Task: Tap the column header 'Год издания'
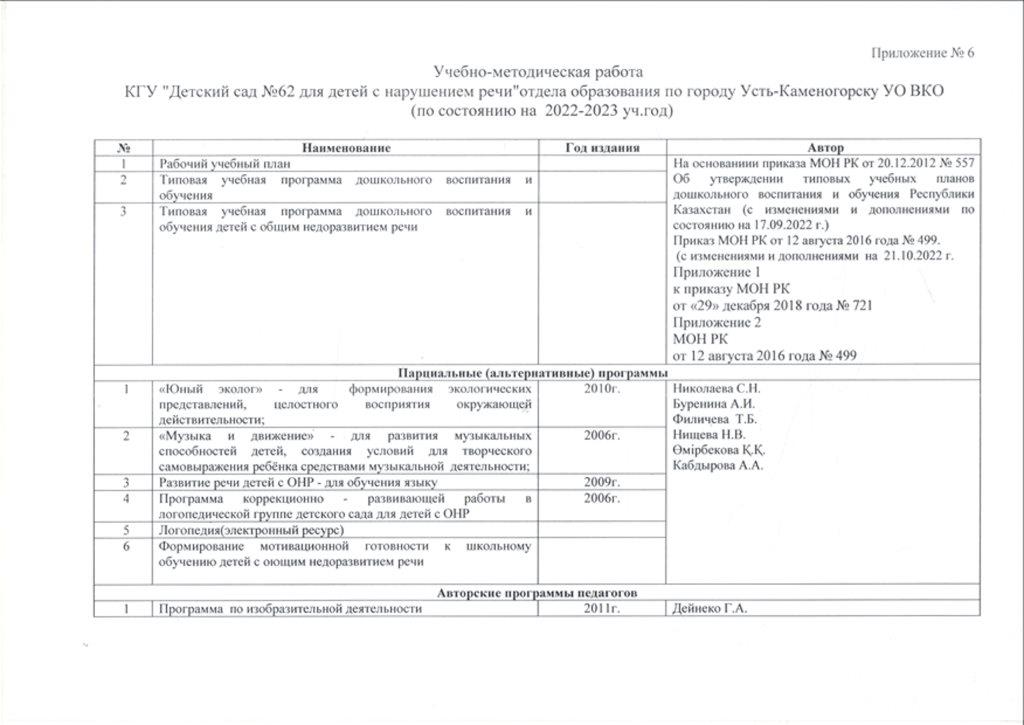pos(602,147)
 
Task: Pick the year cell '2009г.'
pos(602,483)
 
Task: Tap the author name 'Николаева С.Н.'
pos(719,388)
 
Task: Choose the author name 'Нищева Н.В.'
pos(711,435)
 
